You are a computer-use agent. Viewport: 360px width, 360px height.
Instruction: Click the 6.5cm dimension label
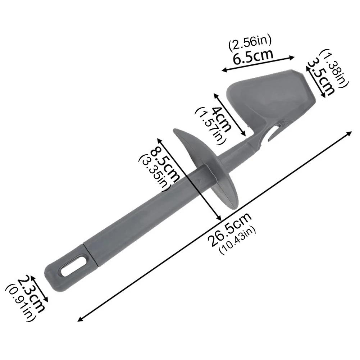coord(253,56)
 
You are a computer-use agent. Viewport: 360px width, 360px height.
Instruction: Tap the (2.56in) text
coord(250,43)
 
